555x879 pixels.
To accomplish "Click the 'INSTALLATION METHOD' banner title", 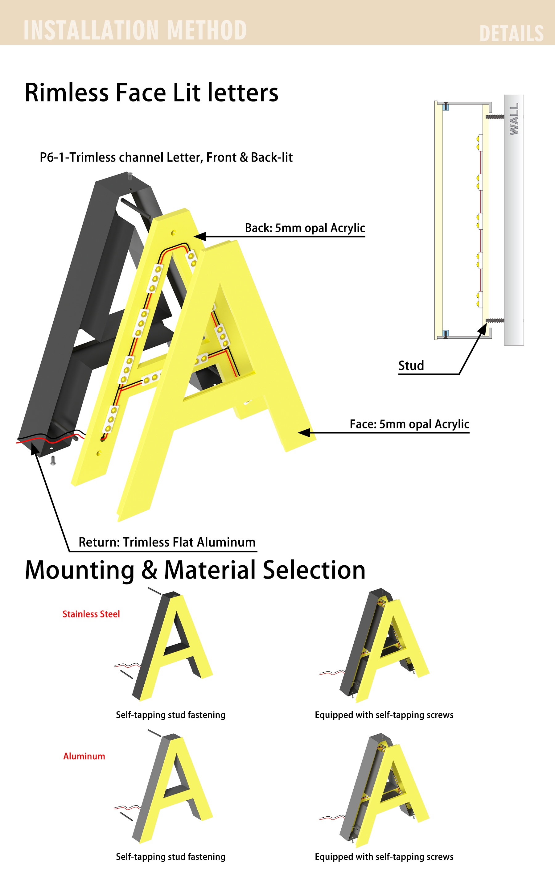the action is tap(135, 30).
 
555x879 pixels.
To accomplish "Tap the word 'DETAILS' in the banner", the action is tap(511, 34).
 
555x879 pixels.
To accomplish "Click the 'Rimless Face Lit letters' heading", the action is tap(151, 92).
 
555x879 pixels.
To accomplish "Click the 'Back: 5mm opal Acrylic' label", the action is tap(305, 228).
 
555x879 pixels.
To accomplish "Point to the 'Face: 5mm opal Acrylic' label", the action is tap(409, 424).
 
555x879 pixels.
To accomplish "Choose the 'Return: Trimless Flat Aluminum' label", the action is tap(167, 542).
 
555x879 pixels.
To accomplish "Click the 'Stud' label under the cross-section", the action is tap(411, 365).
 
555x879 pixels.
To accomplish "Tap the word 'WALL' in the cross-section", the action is tap(514, 119).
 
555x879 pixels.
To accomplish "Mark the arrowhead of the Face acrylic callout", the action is tap(304, 433).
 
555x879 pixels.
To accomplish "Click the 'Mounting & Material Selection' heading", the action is tap(195, 570).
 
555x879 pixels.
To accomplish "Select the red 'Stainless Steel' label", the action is tap(91, 614).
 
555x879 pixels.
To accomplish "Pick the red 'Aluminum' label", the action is tap(84, 756).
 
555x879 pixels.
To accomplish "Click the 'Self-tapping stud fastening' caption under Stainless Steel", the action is tap(171, 715).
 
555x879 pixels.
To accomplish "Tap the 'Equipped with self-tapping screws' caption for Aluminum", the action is tap(384, 857).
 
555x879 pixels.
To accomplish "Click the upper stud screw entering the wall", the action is tap(495, 117).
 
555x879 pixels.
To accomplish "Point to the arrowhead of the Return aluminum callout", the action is tap(34, 448).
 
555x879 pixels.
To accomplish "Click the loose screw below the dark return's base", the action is tap(53, 461).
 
